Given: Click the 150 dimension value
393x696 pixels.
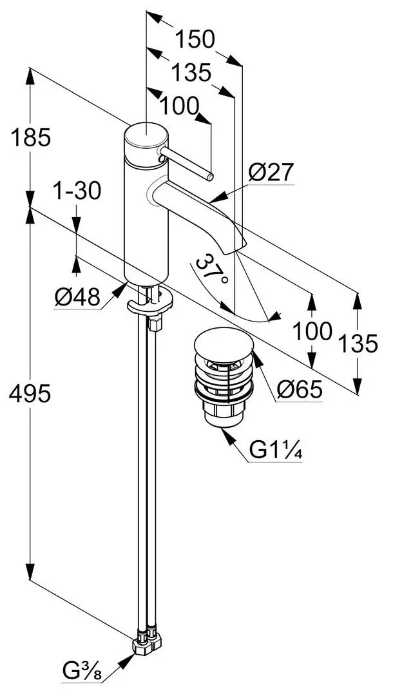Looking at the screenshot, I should [x=195, y=40].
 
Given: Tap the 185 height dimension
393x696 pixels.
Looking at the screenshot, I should [x=29, y=137].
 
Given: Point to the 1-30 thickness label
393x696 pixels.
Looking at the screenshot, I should [x=77, y=191].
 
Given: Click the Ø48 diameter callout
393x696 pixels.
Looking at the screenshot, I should [x=77, y=297].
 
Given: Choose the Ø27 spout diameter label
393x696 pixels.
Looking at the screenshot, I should [x=271, y=172].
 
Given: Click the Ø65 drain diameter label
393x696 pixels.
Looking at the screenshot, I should [x=299, y=389].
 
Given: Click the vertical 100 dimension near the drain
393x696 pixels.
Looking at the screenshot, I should [x=312, y=331].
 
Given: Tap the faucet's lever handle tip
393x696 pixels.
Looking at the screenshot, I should [x=210, y=176].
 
